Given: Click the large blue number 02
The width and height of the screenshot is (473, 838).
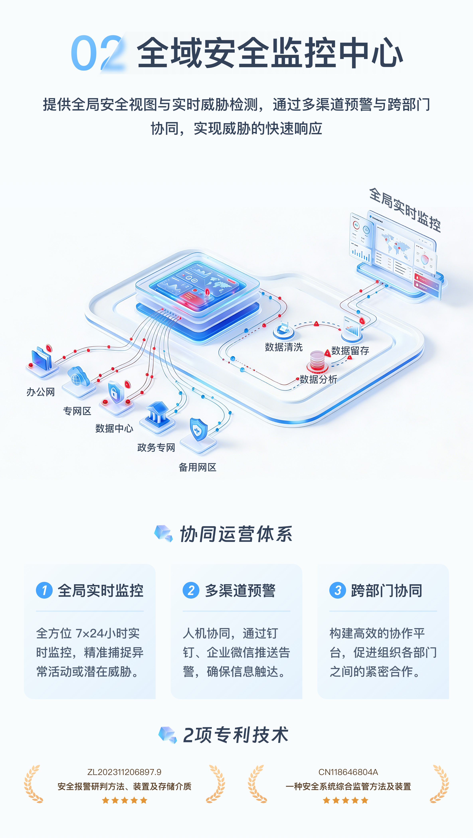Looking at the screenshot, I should click(x=97, y=53).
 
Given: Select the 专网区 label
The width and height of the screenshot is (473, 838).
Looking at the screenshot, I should click(x=77, y=411).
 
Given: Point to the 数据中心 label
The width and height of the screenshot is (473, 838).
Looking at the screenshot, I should click(x=114, y=428).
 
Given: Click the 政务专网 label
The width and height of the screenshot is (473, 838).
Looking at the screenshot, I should click(x=156, y=448).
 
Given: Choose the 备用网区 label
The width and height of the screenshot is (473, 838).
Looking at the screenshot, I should click(x=197, y=467).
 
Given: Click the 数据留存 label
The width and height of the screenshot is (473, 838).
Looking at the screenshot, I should click(x=350, y=351).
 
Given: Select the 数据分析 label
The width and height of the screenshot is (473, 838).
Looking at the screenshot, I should click(x=318, y=379).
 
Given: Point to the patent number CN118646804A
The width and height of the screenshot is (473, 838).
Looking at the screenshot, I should click(x=348, y=772).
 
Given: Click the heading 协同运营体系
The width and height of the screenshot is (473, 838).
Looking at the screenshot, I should click(x=236, y=534).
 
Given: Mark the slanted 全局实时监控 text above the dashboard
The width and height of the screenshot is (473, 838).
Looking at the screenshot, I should click(x=405, y=210).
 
